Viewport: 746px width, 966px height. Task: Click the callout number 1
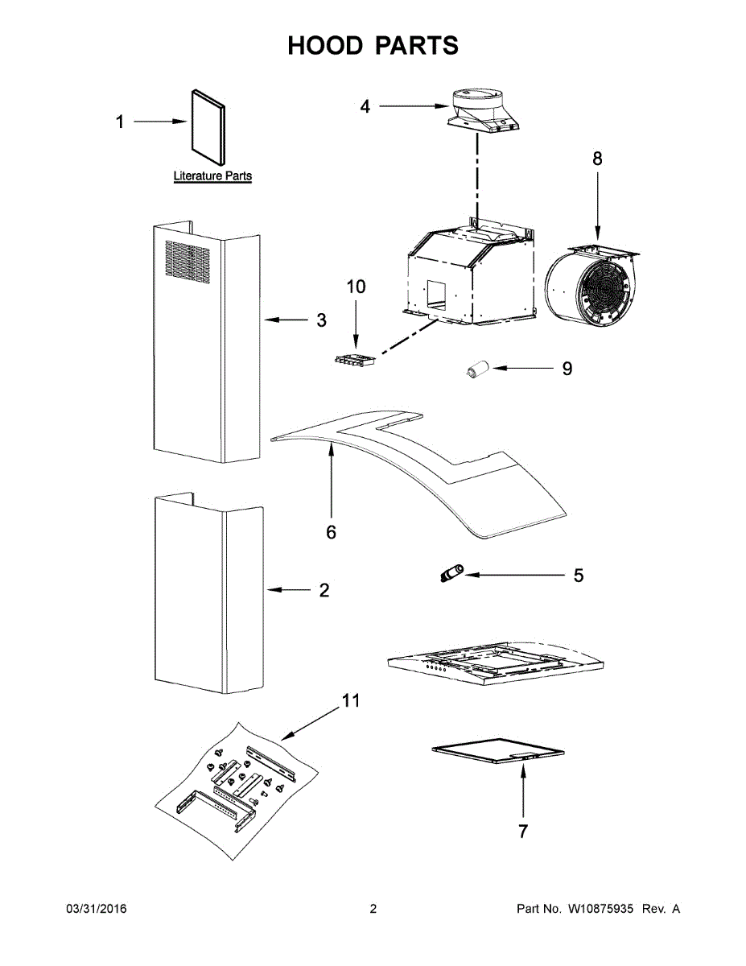[120, 122]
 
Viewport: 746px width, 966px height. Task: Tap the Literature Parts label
[212, 175]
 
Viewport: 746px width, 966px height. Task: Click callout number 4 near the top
[365, 105]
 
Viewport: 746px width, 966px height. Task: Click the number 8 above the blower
[597, 159]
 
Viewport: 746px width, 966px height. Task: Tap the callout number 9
[567, 369]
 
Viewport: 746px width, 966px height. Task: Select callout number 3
[321, 320]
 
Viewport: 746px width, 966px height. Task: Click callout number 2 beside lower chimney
[324, 590]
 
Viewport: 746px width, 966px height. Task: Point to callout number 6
[331, 532]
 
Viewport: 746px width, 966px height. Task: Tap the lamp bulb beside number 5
[451, 574]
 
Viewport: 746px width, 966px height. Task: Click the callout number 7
[523, 832]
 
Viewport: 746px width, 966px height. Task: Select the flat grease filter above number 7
[499, 751]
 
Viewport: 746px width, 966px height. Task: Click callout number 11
[349, 700]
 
